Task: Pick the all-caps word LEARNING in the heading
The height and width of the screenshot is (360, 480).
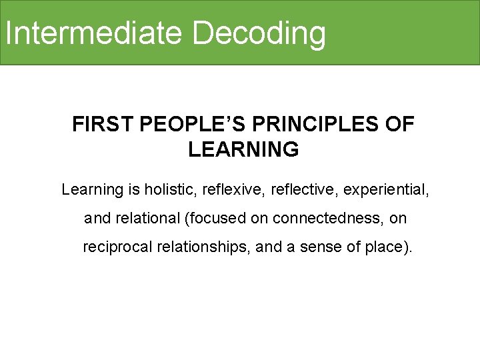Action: point(243,150)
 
